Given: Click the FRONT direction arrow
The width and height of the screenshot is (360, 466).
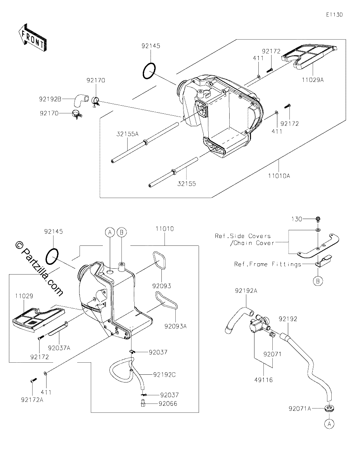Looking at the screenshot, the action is pos(33,38).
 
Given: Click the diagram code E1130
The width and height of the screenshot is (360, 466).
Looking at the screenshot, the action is pos(334,15).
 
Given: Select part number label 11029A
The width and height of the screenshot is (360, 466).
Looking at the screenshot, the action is pos(313,80).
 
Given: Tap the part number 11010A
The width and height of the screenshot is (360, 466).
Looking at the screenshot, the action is pos(279,176).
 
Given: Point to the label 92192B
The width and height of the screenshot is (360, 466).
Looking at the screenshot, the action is pos(50,99).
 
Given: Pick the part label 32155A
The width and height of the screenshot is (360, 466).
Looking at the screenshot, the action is pos(127,134).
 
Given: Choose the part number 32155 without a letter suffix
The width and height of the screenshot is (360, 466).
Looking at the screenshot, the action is pos(187,184).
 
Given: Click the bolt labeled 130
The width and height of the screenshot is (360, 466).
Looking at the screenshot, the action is pos(318,219).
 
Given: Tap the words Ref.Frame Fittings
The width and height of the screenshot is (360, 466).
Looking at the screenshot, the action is pos(268,264).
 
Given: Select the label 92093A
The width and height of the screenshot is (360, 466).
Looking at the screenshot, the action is pos(176,326).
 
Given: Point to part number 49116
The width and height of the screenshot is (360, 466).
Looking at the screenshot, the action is pos(264,380).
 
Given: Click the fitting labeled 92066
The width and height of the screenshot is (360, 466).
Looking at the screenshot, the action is pos(143,403).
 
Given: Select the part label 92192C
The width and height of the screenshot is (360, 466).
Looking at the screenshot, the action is pos(164,375).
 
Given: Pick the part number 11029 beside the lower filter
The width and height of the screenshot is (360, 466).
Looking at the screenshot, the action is pos(24,296).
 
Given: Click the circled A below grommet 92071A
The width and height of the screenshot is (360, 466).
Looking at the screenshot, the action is pos(329,424).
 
